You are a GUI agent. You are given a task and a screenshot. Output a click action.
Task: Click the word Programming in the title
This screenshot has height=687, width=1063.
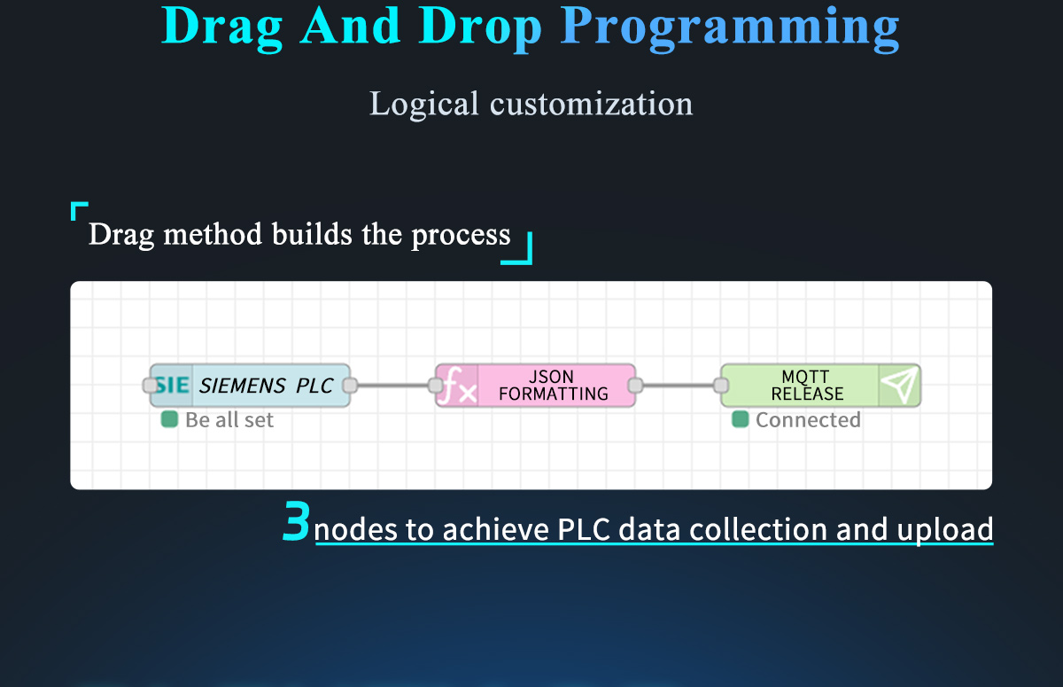pyautogui.click(x=730, y=28)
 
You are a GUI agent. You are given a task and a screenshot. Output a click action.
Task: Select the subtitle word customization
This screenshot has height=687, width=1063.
pyautogui.click(x=592, y=104)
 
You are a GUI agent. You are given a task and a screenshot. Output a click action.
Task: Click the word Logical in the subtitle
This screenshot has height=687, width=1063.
pyautogui.click(x=423, y=105)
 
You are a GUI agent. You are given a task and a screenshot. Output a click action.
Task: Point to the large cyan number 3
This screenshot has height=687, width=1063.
pyautogui.click(x=297, y=521)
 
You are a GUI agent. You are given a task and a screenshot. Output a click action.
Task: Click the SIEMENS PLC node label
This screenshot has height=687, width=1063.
pyautogui.click(x=266, y=386)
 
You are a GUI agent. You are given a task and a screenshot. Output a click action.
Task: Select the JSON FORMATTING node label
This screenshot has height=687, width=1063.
pyautogui.click(x=554, y=385)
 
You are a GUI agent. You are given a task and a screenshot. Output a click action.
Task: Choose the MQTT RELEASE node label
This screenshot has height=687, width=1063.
pyautogui.click(x=807, y=385)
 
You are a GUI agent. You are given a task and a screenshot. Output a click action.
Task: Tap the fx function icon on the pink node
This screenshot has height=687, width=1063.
pyautogui.click(x=457, y=386)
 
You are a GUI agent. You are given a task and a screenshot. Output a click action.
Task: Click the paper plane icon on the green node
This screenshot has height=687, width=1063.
pyautogui.click(x=899, y=385)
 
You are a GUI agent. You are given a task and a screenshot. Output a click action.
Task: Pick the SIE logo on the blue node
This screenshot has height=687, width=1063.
pyautogui.click(x=172, y=385)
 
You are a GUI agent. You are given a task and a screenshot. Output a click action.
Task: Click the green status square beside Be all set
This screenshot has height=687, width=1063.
pyautogui.click(x=169, y=419)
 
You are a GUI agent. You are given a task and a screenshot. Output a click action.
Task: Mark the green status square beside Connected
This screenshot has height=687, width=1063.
pyautogui.click(x=741, y=419)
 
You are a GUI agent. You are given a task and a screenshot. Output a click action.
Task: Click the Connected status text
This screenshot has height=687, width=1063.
pyautogui.click(x=808, y=419)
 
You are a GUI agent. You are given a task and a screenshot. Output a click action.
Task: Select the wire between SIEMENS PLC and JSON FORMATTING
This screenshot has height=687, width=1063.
pyautogui.click(x=393, y=385)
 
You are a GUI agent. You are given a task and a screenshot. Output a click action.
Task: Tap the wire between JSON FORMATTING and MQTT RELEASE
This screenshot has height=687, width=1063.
pyautogui.click(x=679, y=385)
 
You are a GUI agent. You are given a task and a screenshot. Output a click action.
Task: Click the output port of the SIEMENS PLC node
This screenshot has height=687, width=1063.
pyautogui.click(x=350, y=385)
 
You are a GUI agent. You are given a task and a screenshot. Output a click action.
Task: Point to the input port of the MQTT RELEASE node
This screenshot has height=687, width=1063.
pyautogui.click(x=721, y=385)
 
